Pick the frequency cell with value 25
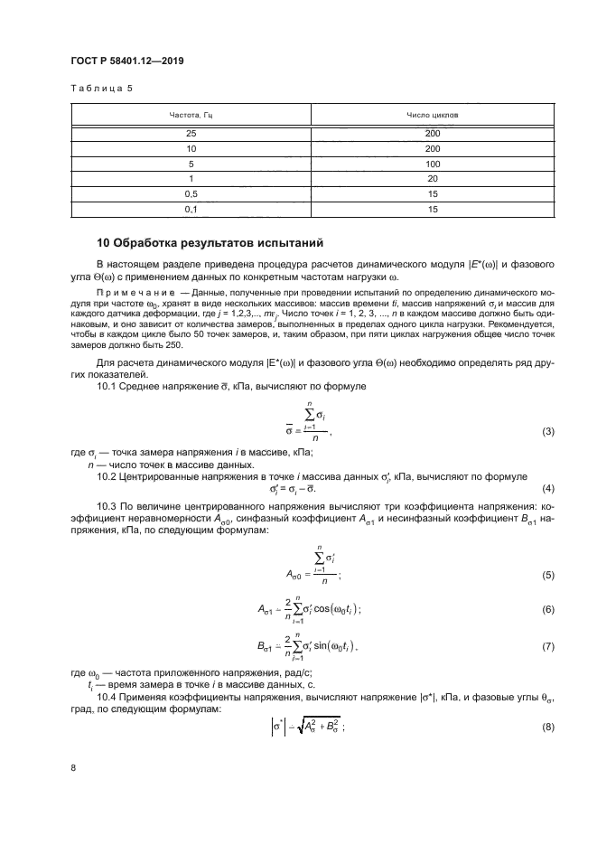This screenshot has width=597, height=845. coord(191,134)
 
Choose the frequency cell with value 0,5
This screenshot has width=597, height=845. coord(191,194)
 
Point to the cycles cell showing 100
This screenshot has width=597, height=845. coord(432,164)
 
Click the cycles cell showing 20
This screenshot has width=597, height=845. coord(432,179)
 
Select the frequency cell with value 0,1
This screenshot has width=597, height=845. coord(191,210)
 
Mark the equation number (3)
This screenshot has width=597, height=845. coord(546,432)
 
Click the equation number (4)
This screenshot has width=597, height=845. coord(546,489)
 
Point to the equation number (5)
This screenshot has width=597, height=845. coord(546,575)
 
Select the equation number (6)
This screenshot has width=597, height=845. coord(546,610)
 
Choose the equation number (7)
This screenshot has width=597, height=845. coord(546,647)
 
